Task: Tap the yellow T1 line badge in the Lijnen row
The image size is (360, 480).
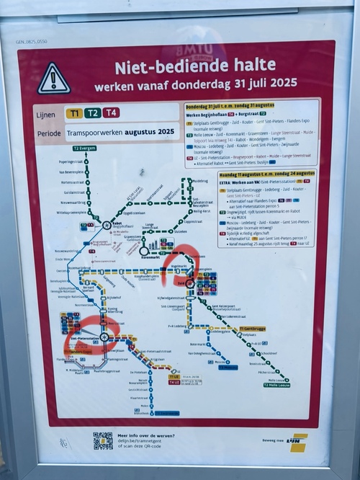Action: tap(73, 113)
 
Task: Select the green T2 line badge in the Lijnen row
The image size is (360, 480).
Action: tap(92, 113)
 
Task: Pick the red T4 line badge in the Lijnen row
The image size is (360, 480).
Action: tap(111, 113)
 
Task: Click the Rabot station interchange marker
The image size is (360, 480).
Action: tap(106, 225)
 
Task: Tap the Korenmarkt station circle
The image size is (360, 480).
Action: tap(145, 252)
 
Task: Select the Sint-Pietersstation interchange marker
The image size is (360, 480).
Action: tap(104, 337)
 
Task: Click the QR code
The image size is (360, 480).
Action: tap(102, 440)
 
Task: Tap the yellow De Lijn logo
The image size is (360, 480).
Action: tap(297, 441)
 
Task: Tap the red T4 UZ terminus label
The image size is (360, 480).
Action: tap(174, 383)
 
